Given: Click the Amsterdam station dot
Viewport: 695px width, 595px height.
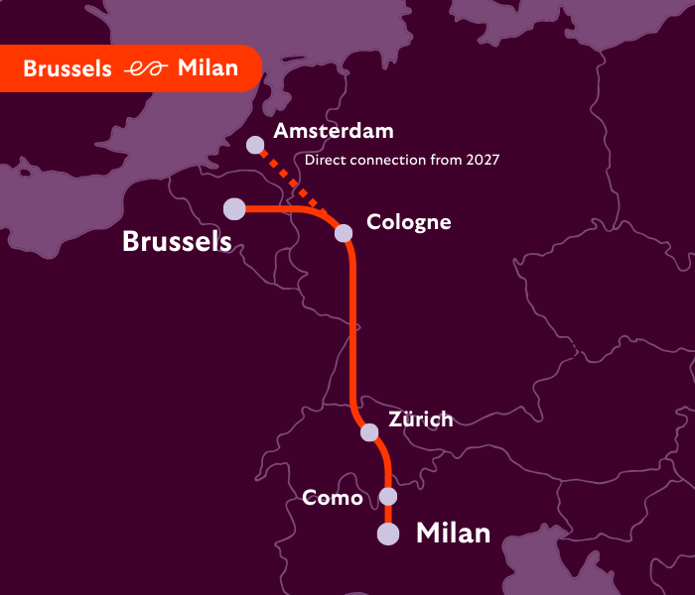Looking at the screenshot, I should click(x=255, y=145).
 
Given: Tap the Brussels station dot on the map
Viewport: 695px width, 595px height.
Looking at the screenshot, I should click(x=234, y=208).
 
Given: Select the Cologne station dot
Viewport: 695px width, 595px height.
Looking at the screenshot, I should click(x=344, y=233).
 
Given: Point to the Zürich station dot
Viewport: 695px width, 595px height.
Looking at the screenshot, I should click(x=369, y=432).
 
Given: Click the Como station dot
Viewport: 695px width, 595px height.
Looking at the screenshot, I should click(x=388, y=496).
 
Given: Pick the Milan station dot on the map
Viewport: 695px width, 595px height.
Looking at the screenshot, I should click(x=388, y=535).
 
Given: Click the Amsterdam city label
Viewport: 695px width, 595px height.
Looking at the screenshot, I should click(x=334, y=131).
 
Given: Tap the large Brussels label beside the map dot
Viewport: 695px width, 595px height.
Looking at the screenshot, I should click(x=177, y=241).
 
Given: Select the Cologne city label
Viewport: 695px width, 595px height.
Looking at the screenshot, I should click(x=408, y=222).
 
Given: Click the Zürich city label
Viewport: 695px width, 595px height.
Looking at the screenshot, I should click(x=420, y=419).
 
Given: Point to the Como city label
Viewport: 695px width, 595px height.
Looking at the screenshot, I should click(x=333, y=498).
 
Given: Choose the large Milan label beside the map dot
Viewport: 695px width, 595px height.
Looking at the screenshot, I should click(x=453, y=534).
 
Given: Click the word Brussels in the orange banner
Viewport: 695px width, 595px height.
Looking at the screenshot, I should click(x=67, y=68).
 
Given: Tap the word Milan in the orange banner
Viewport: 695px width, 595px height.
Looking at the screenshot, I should click(x=208, y=68).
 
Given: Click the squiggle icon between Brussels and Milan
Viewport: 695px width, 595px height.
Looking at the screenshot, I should click(x=144, y=68).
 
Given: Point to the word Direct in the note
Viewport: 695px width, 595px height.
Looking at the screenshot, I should click(x=324, y=159).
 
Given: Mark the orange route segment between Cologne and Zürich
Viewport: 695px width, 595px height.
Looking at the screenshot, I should click(x=352, y=327).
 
